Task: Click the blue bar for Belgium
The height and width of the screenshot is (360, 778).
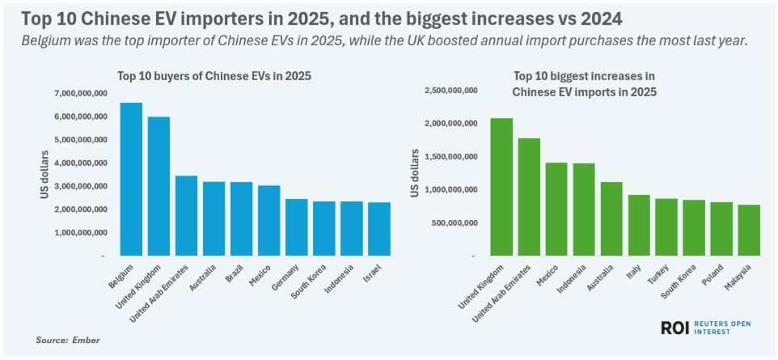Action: point(131,180)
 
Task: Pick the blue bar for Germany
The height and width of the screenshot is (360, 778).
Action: point(296,227)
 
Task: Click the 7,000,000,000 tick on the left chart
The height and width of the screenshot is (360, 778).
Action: point(81,94)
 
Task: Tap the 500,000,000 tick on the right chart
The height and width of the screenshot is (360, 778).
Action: point(461,223)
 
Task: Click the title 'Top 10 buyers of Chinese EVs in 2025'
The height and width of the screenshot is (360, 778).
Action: point(214,75)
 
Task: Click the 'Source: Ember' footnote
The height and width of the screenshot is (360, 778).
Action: point(68,340)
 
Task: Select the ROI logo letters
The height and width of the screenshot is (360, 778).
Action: point(676,328)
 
